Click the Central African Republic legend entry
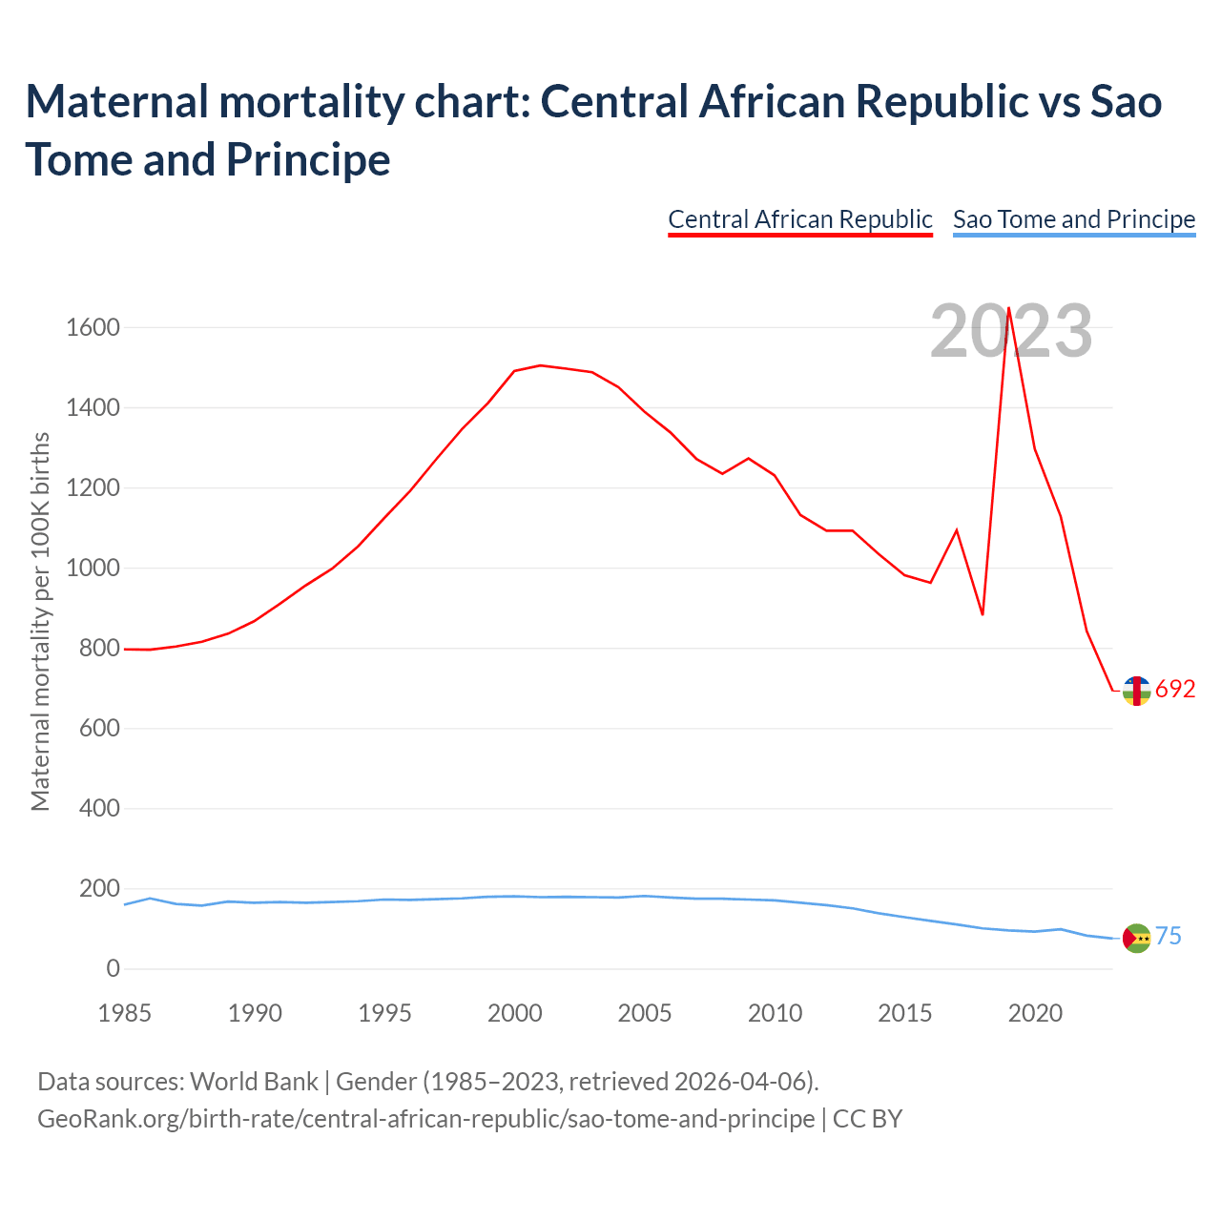799,219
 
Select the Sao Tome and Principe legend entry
1073,219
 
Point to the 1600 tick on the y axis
93,328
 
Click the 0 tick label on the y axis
114,969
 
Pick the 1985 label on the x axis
125,1013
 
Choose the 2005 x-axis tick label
645,1013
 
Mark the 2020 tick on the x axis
1035,1013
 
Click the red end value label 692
1175,690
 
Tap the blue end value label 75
1169,937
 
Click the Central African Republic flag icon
1136,691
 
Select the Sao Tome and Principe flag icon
1136,939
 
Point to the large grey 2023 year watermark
1011,331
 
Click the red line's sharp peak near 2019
1008,308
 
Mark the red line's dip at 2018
983,613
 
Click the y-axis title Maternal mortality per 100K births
40,622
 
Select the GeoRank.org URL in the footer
425,1118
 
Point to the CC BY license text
867,1118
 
